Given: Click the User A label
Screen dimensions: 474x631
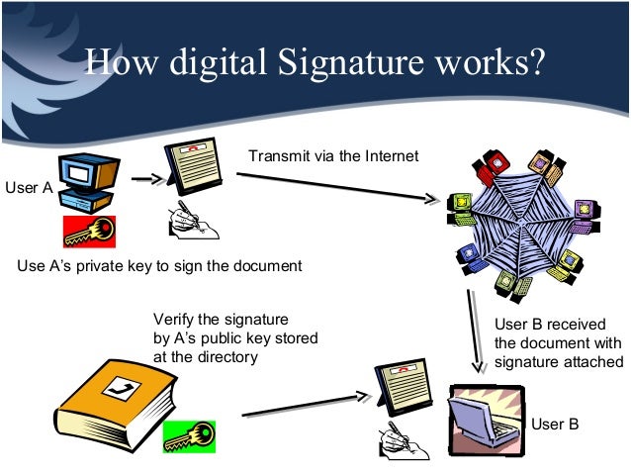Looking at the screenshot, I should click(x=29, y=186).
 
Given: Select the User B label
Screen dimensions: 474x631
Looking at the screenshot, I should click(x=554, y=425).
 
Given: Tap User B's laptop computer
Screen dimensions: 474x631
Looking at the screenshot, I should click(x=486, y=415).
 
